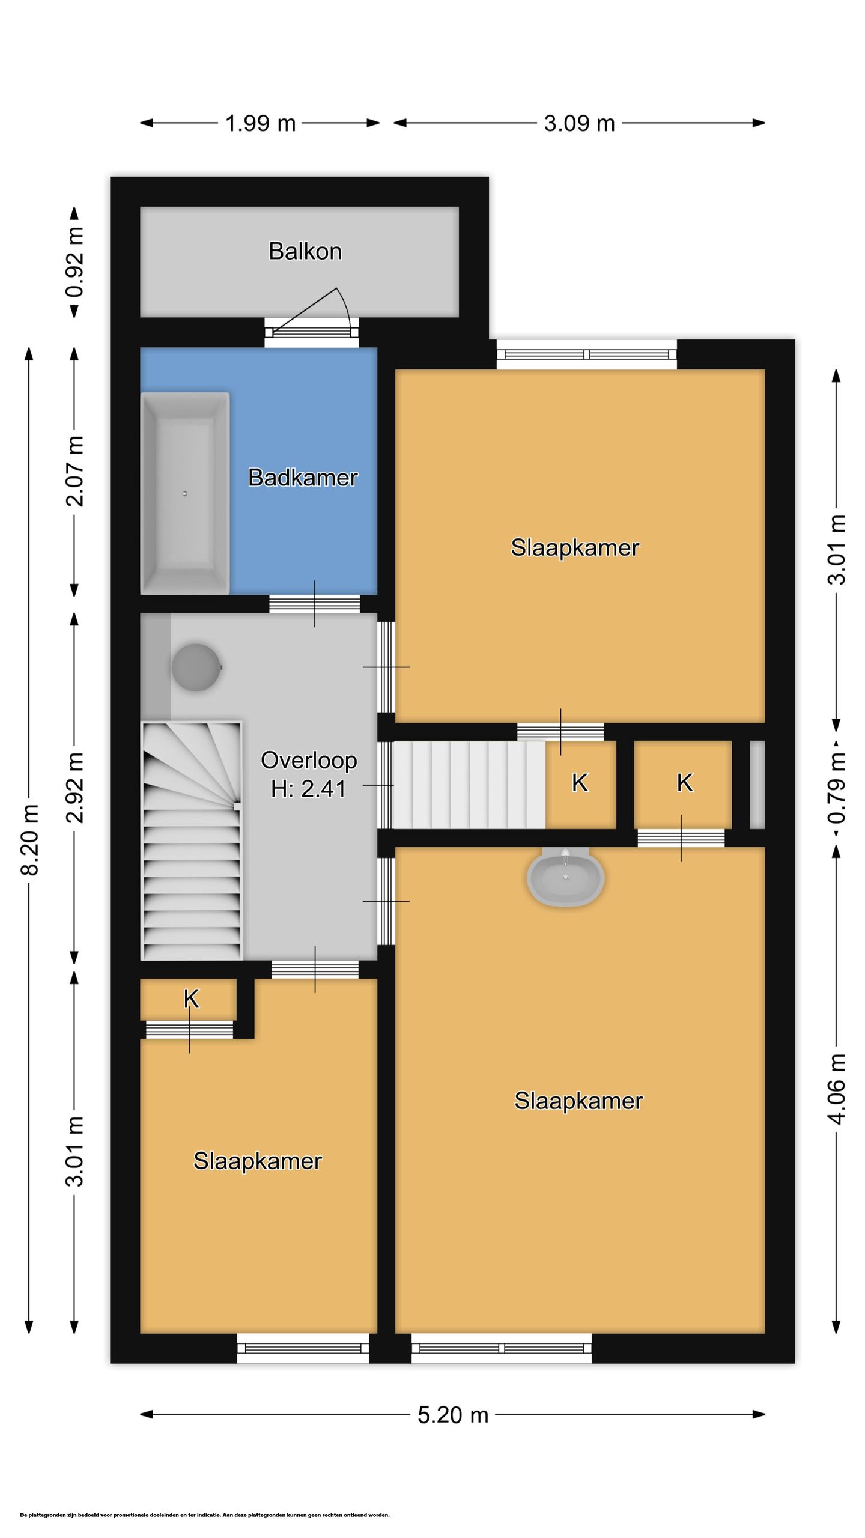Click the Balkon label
point(305,251)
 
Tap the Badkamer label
point(303,478)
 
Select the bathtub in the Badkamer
point(185,493)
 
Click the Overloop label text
point(309,761)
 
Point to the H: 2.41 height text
point(308,789)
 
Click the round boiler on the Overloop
point(197,667)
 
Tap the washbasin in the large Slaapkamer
point(565,877)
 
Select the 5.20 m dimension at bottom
point(453,1415)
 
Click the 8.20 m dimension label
point(30,840)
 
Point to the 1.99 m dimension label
point(260,123)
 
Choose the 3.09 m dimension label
point(579,123)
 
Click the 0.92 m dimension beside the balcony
point(75,262)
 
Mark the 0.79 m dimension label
point(837,788)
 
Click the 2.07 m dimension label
point(75,472)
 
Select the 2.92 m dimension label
point(75,787)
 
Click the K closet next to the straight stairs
point(580,783)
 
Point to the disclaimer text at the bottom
point(205,1515)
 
